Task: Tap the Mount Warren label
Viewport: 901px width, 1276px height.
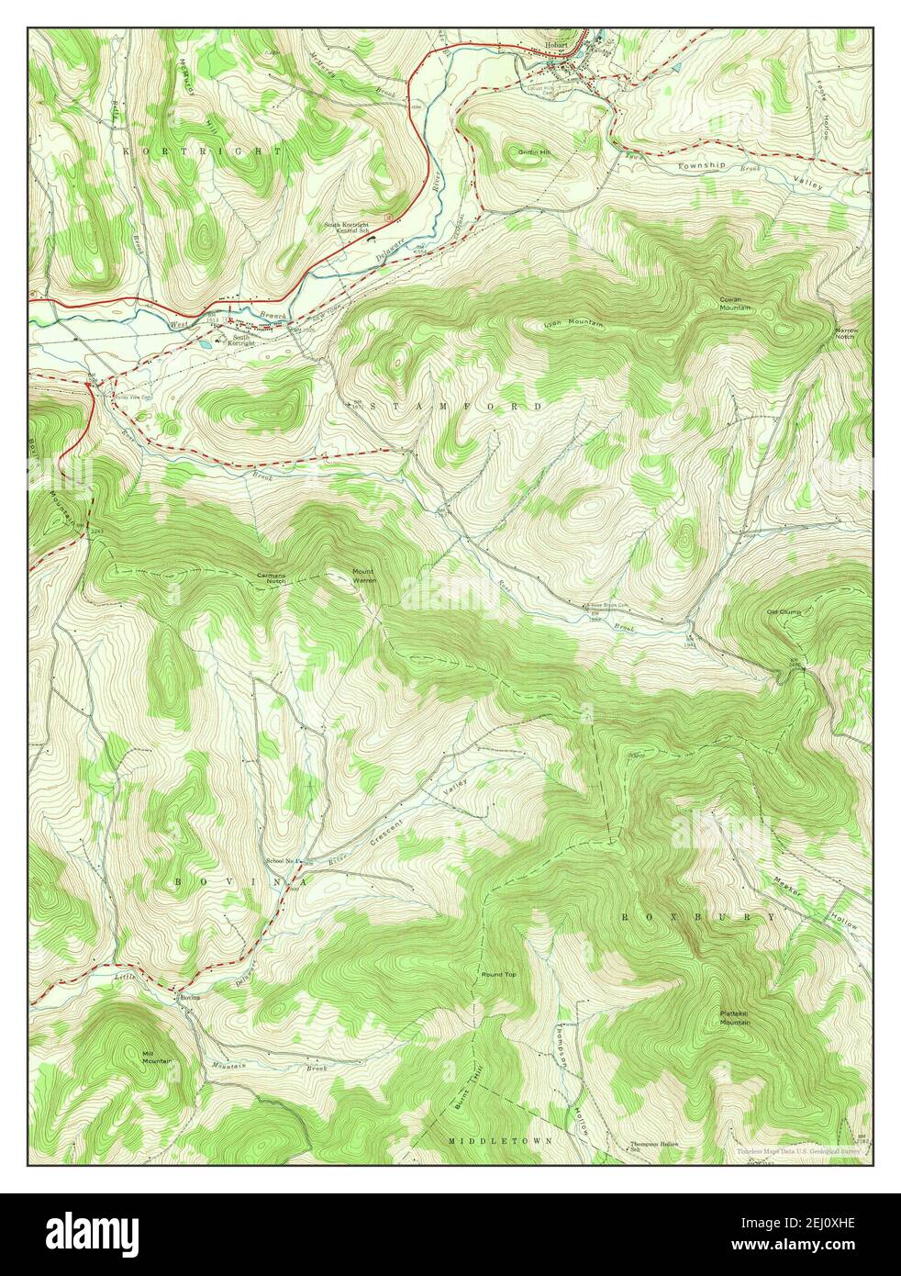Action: pos(363,576)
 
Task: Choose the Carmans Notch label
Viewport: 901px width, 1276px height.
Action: pos(271,579)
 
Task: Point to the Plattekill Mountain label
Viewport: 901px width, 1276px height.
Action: pos(734,1018)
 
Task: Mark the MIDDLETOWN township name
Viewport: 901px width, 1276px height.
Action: pos(501,1140)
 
